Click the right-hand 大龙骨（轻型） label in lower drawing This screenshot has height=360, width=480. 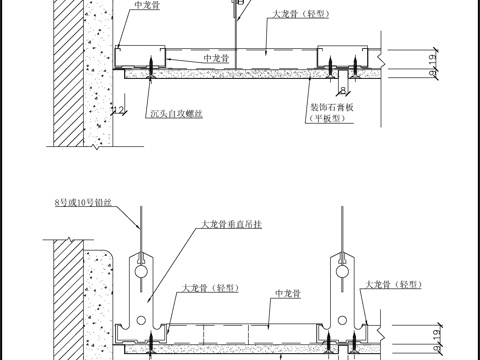tap(399, 285)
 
